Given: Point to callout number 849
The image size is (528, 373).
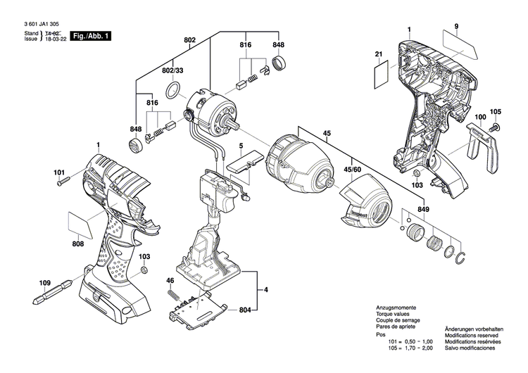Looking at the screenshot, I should click(x=422, y=209).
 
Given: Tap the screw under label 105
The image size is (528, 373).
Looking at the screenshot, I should click(x=495, y=128).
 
